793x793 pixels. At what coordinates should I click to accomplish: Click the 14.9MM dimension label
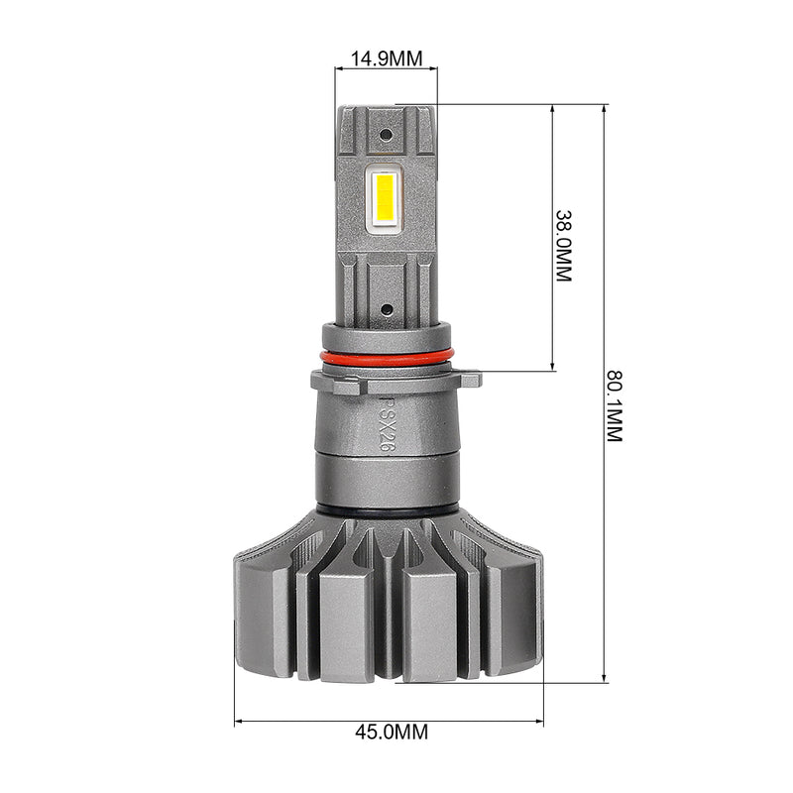(x=387, y=58)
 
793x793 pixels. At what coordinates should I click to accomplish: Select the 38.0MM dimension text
(x=563, y=246)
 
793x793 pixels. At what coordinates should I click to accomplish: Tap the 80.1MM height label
(x=615, y=406)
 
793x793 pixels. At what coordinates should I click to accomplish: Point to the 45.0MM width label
(x=392, y=732)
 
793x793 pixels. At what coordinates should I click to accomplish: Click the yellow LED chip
(x=386, y=200)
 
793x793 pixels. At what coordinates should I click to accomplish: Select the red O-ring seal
(x=387, y=358)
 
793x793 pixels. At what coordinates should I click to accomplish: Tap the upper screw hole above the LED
(x=386, y=135)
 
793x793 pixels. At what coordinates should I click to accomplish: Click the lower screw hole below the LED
(x=386, y=309)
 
